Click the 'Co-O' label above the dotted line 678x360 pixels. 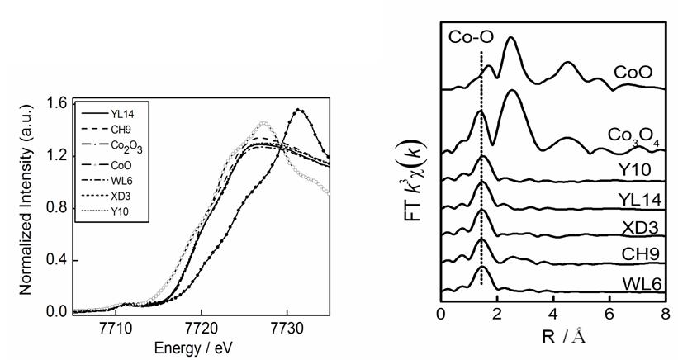[467, 37]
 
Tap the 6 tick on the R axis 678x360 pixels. [609, 315]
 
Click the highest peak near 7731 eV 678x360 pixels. [299, 110]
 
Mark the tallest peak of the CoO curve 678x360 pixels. [511, 38]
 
